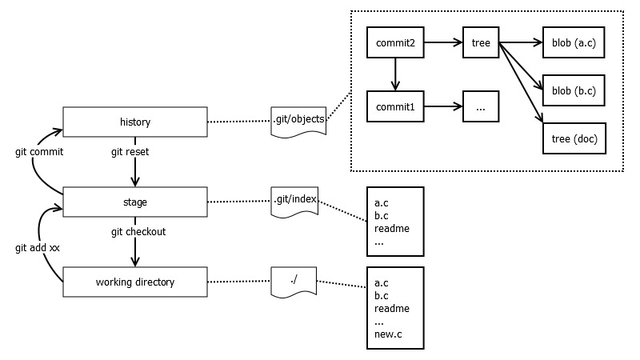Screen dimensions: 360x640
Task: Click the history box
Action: [x=134, y=122]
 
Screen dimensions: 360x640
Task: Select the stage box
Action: [x=134, y=202]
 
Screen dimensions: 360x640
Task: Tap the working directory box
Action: [x=134, y=282]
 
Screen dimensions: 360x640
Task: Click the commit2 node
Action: [x=394, y=43]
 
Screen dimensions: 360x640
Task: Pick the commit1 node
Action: [x=394, y=106]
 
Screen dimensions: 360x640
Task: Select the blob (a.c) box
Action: [x=574, y=43]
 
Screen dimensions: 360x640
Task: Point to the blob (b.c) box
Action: [x=574, y=90]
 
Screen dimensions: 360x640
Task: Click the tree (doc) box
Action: [x=574, y=138]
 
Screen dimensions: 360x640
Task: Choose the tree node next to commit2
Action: [x=481, y=43]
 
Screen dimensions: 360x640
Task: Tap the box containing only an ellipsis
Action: [x=481, y=106]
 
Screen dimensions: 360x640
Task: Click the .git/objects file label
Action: [x=298, y=120]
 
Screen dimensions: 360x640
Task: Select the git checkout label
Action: [x=138, y=231]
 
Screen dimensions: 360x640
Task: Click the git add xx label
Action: [x=37, y=248]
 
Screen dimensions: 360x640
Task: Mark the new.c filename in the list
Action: [x=387, y=334]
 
